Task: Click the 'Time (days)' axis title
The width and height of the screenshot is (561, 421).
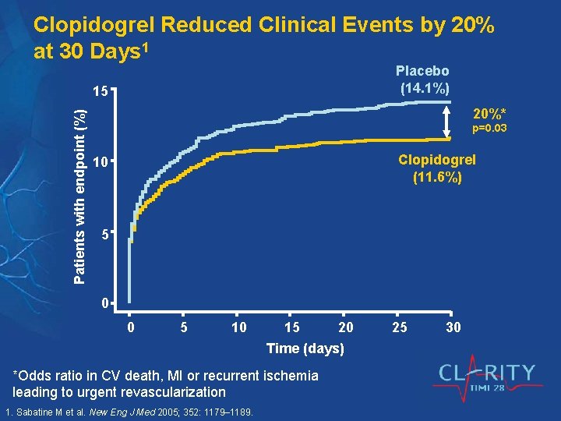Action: (305, 348)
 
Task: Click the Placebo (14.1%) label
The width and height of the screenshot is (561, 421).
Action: (424, 80)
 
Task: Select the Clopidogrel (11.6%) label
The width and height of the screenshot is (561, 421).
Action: (436, 168)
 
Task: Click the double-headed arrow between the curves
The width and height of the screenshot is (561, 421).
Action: (448, 122)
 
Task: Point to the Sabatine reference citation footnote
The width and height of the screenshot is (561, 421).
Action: (129, 412)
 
